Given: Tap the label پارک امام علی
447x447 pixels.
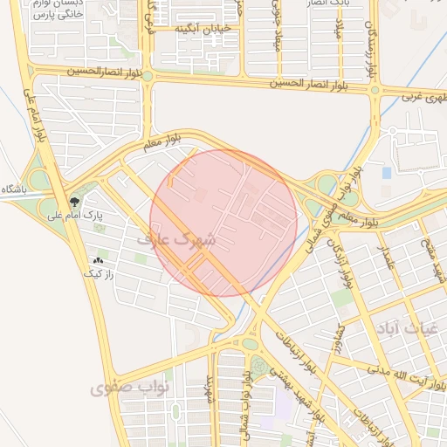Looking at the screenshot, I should pos(111,214).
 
